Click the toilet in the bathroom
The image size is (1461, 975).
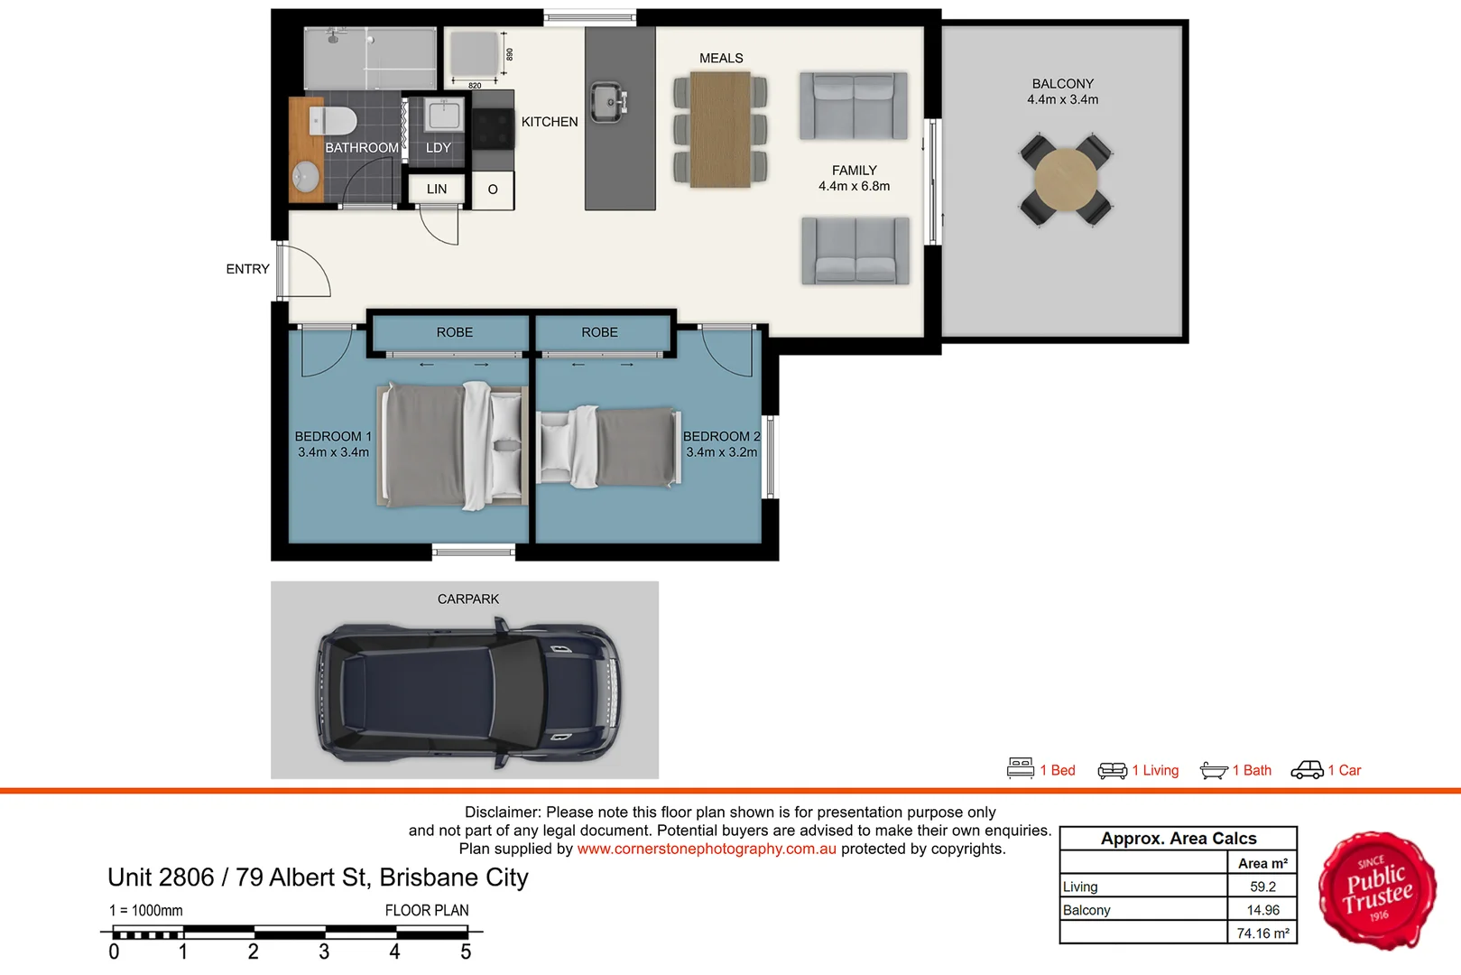(333, 120)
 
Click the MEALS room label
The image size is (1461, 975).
(721, 58)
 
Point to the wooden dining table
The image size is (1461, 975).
(720, 129)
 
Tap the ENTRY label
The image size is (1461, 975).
(247, 269)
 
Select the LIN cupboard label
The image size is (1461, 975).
(437, 189)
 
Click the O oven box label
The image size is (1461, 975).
(493, 190)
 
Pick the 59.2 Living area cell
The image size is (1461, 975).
(1262, 887)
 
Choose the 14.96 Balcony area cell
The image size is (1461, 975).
(1262, 910)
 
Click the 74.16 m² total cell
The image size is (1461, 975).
(1262, 933)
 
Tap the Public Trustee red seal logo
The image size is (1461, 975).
(1377, 890)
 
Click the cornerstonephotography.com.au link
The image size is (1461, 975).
(707, 849)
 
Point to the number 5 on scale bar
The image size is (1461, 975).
(466, 952)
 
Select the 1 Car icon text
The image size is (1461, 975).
(1344, 770)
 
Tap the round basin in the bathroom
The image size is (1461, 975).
(307, 176)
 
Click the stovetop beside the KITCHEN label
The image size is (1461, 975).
(493, 128)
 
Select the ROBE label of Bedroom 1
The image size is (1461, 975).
(454, 332)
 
